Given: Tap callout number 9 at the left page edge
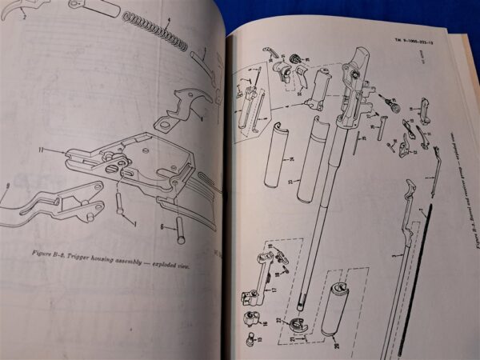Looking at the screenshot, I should click(7, 186).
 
